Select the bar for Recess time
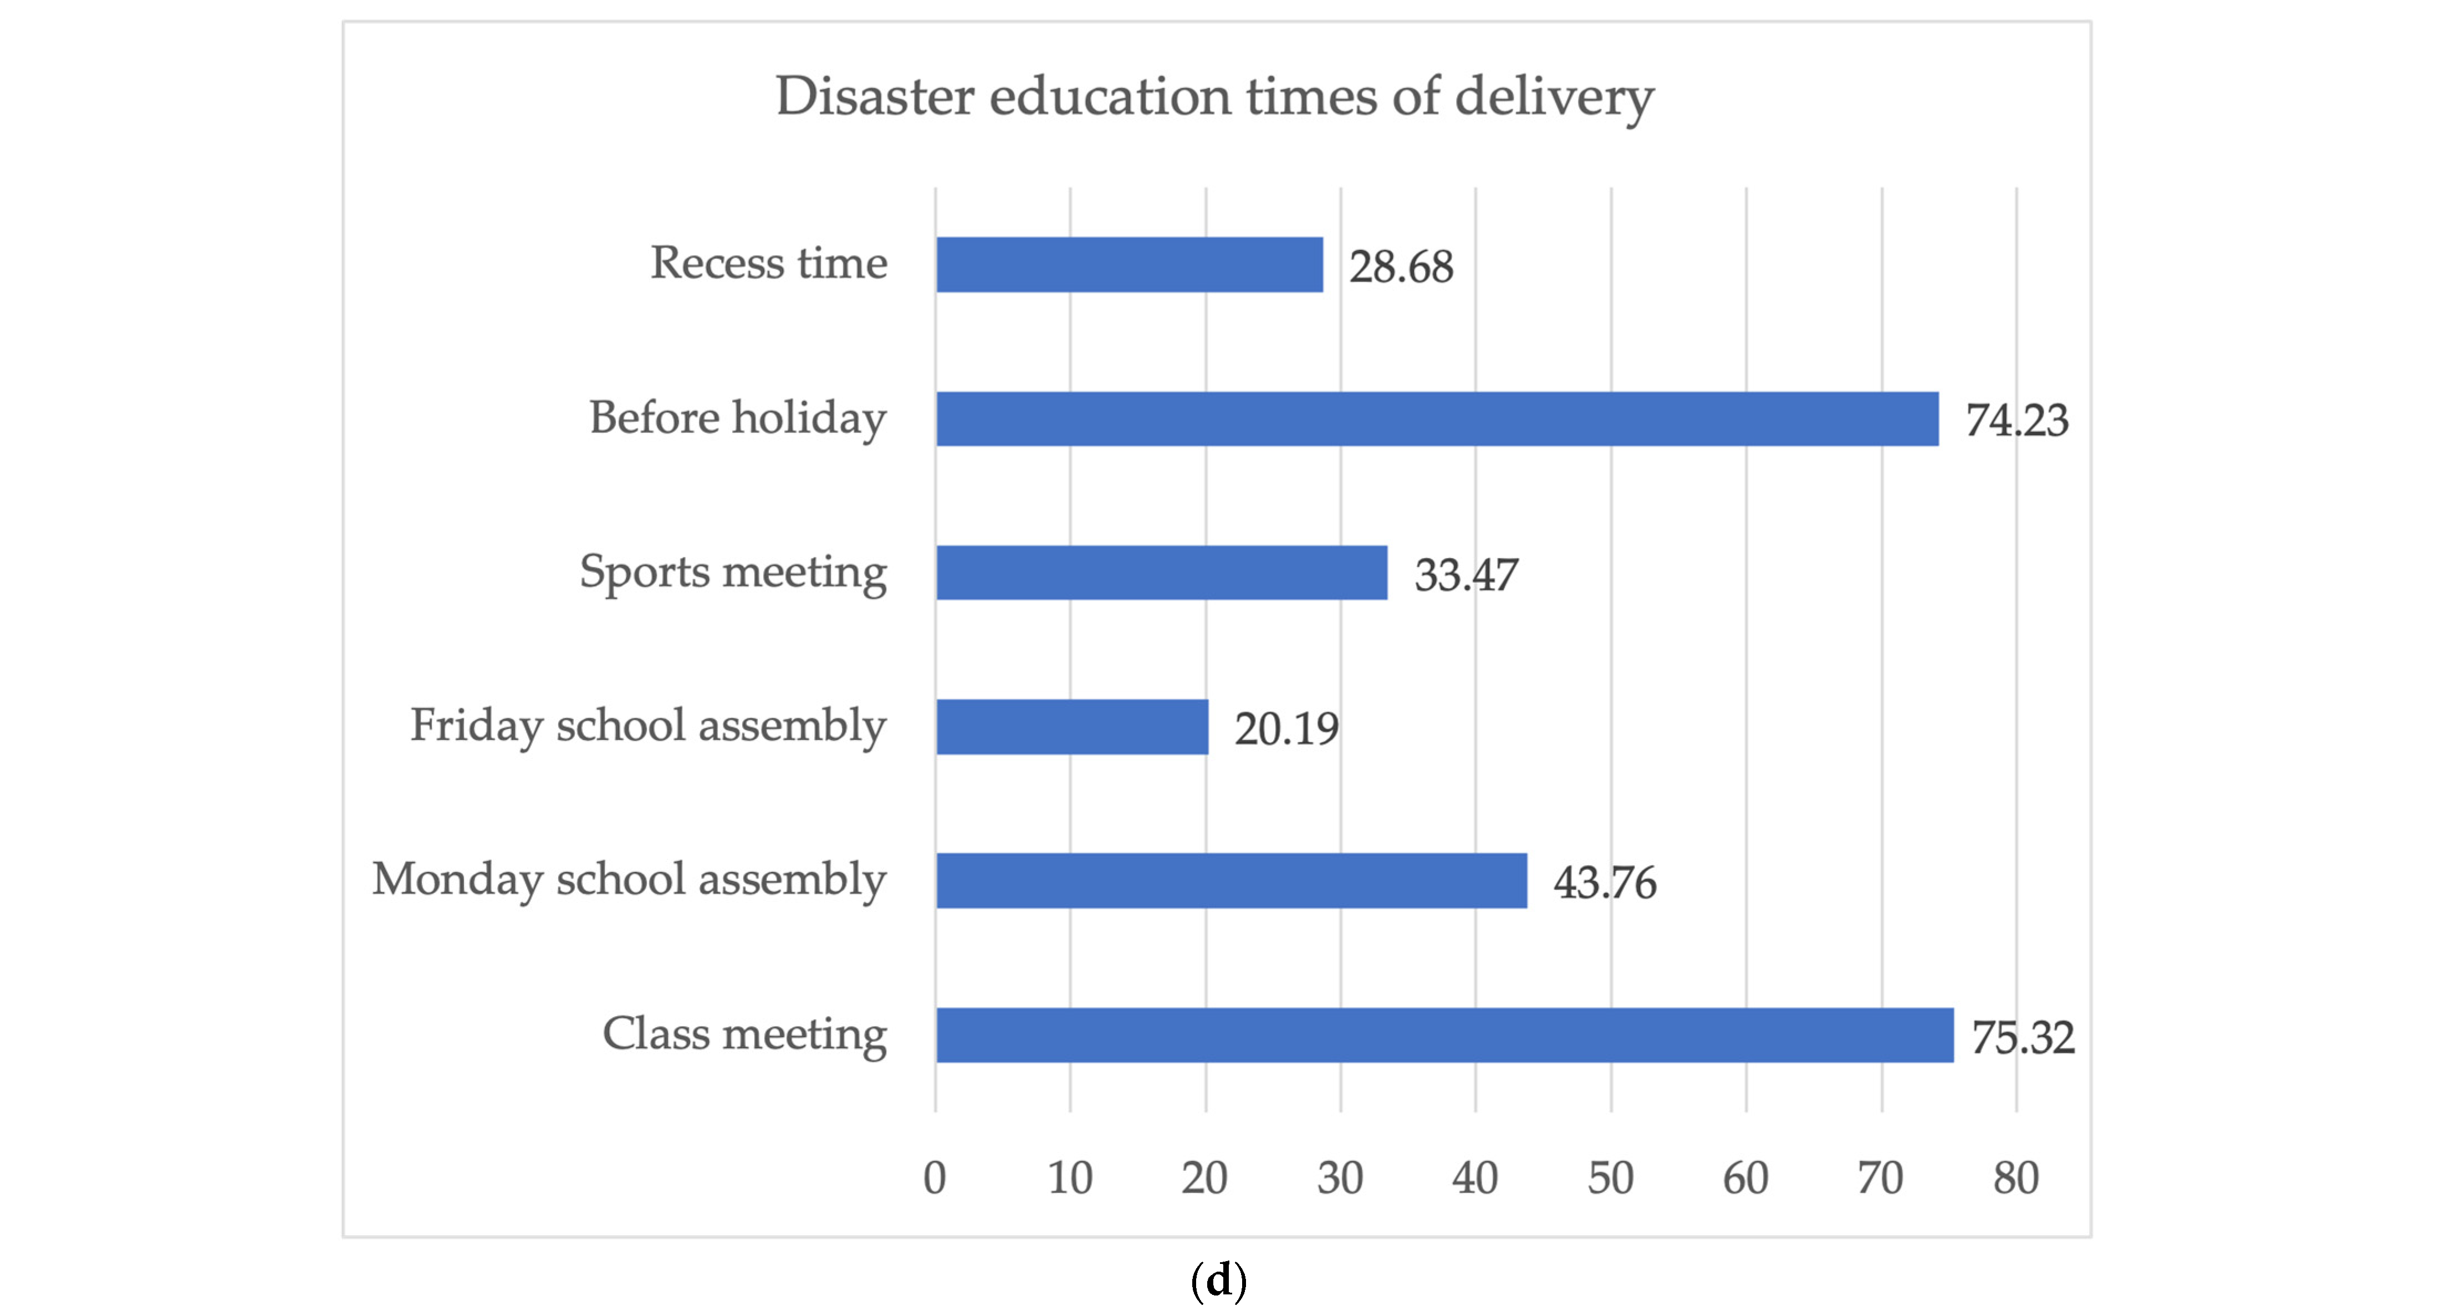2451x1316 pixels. tap(1130, 264)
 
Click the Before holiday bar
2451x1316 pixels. tap(1437, 419)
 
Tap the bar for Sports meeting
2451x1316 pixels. tap(1162, 573)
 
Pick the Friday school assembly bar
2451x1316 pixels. tap(1073, 727)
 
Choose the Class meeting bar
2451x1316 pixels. tap(1444, 1036)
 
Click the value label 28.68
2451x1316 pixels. tap(1401, 267)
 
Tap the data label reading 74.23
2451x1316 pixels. tap(2016, 421)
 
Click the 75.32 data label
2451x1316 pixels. tap(2023, 1037)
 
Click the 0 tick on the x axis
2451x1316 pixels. tap(935, 1178)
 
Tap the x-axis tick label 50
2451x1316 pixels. tap(1611, 1178)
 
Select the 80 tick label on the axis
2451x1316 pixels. tap(2016, 1178)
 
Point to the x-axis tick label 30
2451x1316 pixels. tap(1340, 1178)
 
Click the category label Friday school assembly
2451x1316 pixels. tap(648, 726)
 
